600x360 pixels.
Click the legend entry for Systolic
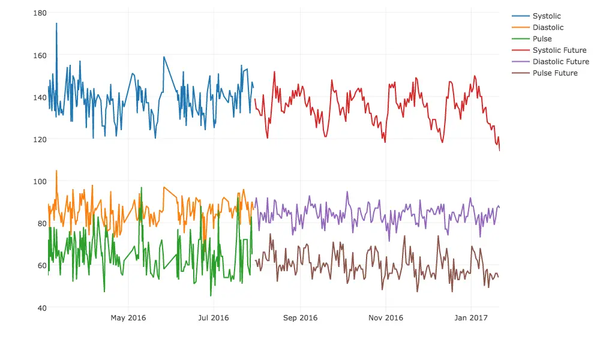point(547,16)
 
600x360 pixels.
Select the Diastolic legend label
point(548,28)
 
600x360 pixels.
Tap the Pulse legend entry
point(542,39)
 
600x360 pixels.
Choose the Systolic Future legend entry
point(559,50)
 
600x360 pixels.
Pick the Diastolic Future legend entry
point(560,62)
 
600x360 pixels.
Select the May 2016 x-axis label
point(128,318)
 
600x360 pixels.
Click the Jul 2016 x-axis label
point(213,318)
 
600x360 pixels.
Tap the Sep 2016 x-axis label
point(300,318)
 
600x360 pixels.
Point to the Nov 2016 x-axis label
point(385,318)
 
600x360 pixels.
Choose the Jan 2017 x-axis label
point(471,318)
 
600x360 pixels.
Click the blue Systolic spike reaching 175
point(56,24)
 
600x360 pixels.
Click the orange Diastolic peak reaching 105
point(56,171)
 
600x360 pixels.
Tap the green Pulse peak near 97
point(142,188)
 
